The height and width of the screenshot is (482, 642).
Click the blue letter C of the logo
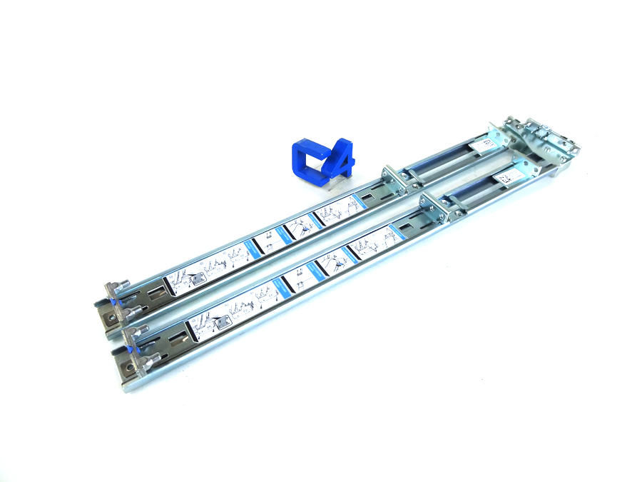pyautogui.click(x=305, y=160)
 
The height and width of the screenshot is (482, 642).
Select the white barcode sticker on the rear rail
pyautogui.click(x=482, y=145)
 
